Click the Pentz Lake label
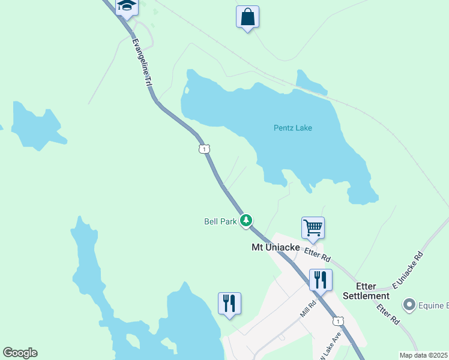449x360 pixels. point(293,128)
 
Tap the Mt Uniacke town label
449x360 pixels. point(275,247)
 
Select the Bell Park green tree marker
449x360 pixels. point(246,221)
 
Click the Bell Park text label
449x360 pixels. point(220,221)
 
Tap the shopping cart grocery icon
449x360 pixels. point(313,228)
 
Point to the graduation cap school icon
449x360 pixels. point(127,6)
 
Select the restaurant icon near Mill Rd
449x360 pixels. point(321,280)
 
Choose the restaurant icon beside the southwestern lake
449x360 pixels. point(229,303)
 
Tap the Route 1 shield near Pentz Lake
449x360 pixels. point(204,149)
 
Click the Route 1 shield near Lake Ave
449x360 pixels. point(339,322)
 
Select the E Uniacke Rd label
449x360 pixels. point(408,268)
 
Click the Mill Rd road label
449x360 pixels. point(307,310)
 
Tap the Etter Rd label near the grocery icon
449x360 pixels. point(318,254)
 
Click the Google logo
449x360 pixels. point(20,353)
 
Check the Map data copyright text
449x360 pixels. point(423,355)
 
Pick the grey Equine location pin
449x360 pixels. point(410,305)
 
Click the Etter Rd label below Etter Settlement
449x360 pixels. point(388,314)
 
